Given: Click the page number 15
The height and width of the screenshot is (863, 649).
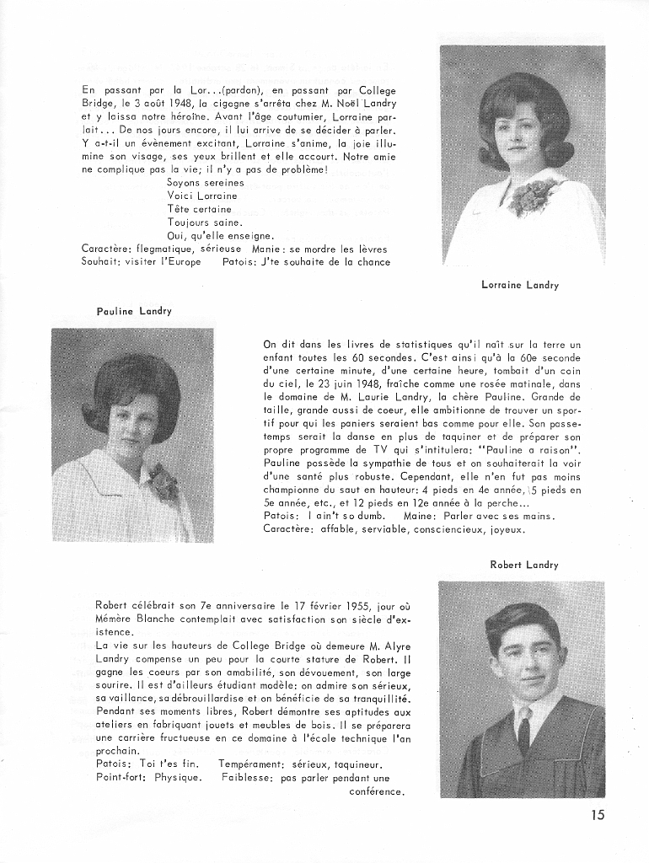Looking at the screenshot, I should tap(598, 814).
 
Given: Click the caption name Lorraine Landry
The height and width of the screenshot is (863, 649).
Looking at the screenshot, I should tap(519, 285).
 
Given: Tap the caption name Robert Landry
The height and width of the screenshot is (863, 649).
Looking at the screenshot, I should tap(524, 565).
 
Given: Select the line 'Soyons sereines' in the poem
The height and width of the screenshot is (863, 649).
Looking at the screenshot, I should tap(206, 182).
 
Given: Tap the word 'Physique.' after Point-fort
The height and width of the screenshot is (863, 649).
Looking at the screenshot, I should tap(178, 777).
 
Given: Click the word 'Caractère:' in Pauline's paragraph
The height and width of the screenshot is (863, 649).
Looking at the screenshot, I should tap(288, 529).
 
